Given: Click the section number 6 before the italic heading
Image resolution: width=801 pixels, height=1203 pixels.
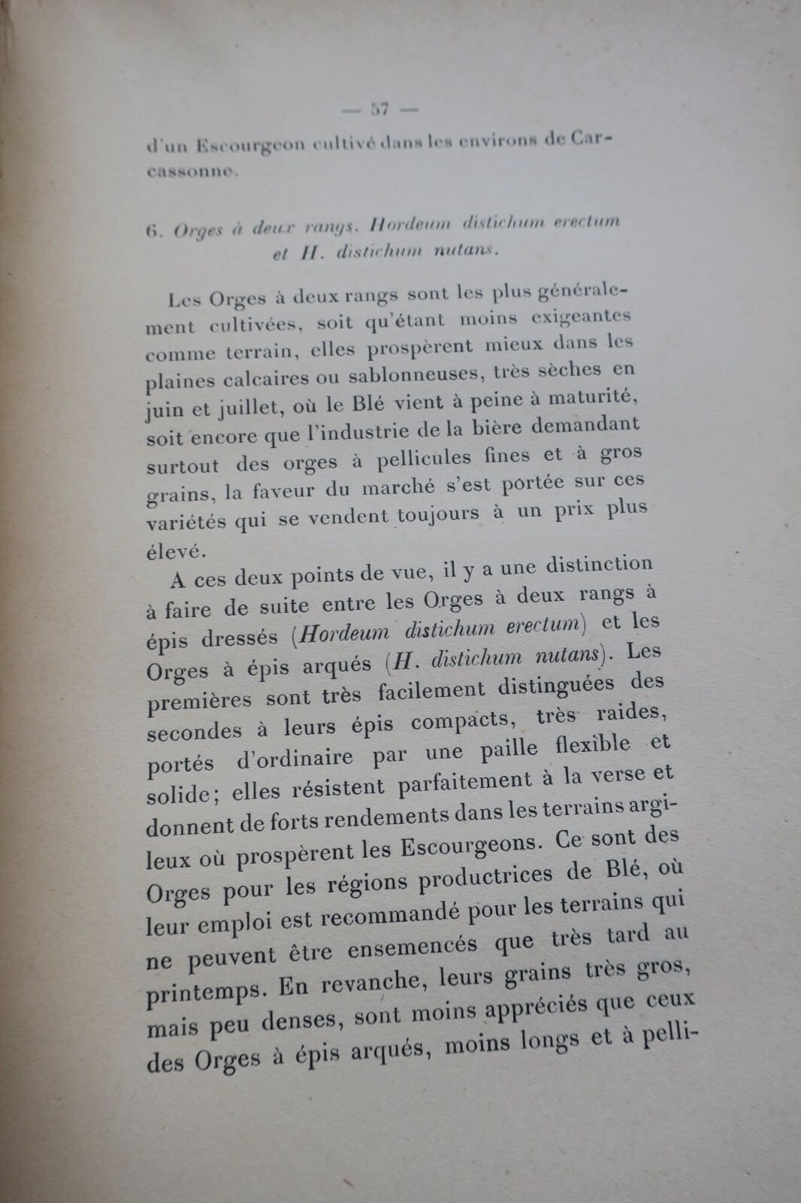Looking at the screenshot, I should click(x=151, y=232).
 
